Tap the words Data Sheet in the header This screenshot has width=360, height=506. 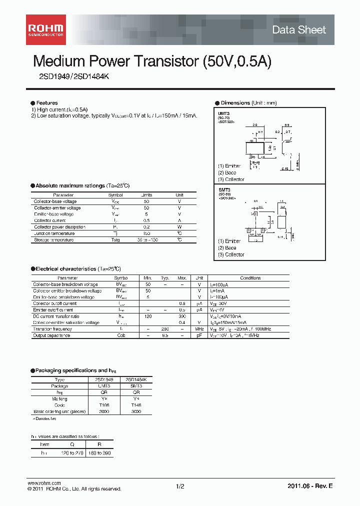[x=298, y=30]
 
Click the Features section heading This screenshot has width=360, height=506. [x=46, y=103]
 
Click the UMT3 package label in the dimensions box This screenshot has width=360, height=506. [x=223, y=113]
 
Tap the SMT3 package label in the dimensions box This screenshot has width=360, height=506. [x=223, y=190]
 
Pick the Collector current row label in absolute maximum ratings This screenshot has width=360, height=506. [x=50, y=220]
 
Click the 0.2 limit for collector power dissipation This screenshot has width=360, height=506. [x=146, y=227]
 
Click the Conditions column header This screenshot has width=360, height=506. [x=250, y=278]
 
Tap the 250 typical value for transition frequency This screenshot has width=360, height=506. [x=165, y=329]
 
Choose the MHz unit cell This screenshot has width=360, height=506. [x=199, y=329]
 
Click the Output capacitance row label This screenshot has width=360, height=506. [x=51, y=335]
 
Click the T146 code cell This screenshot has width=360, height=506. [x=136, y=405]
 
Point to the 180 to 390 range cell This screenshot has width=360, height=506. [x=99, y=452]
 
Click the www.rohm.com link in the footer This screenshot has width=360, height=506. [x=44, y=483]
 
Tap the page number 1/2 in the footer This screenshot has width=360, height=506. [x=180, y=486]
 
